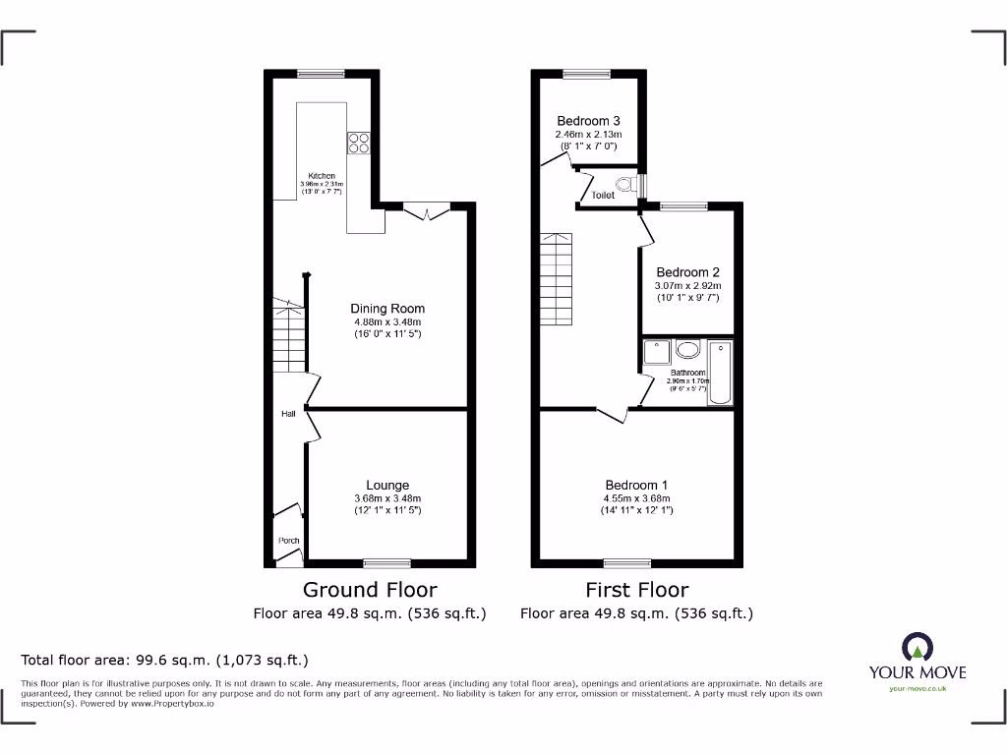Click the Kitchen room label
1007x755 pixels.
(x=322, y=176)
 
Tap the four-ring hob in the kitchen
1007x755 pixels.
(x=357, y=143)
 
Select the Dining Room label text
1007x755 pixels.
(x=387, y=309)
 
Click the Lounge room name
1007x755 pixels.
(x=387, y=485)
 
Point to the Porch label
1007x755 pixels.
(x=288, y=541)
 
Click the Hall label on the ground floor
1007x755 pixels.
(x=288, y=414)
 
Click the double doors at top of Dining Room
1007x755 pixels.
(x=427, y=211)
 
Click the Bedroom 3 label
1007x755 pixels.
(x=588, y=121)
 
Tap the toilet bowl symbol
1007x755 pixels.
(x=624, y=184)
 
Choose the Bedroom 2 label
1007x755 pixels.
(x=688, y=272)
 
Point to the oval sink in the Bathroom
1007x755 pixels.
(x=687, y=349)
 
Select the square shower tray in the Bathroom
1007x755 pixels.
(x=655, y=352)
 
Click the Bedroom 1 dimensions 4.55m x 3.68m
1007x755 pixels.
(x=637, y=497)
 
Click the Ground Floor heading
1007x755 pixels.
(x=370, y=590)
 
